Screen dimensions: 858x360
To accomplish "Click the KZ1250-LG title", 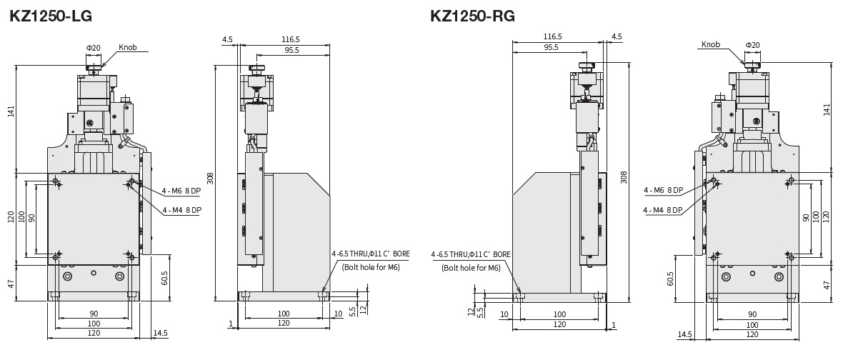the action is click(x=51, y=16).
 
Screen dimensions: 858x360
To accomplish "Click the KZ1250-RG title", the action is click(x=472, y=16).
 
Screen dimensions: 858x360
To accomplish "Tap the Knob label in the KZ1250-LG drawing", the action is click(x=128, y=47).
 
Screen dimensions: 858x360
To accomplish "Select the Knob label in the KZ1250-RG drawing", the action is click(x=711, y=44).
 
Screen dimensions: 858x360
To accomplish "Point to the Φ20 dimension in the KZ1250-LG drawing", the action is click(x=93, y=48).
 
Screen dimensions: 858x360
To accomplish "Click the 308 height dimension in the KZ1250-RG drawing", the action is click(x=624, y=177).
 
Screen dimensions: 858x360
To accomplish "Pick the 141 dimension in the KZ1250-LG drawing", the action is click(x=11, y=111).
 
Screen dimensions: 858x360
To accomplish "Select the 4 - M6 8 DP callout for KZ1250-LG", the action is click(x=181, y=191).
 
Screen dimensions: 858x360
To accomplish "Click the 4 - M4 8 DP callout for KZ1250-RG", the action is click(x=663, y=210).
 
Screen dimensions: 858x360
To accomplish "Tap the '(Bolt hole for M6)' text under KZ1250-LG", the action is click(x=371, y=267).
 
